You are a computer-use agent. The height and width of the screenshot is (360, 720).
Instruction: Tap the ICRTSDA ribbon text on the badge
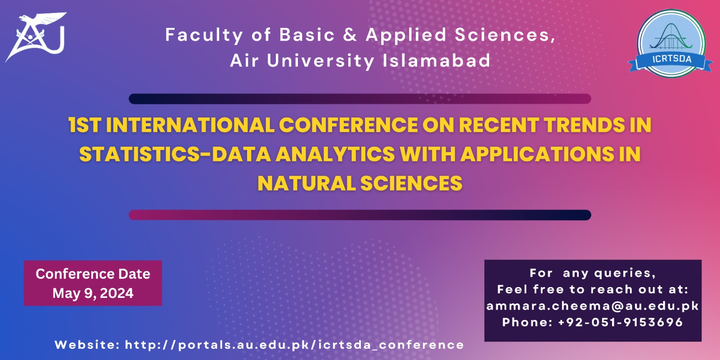point(671,59)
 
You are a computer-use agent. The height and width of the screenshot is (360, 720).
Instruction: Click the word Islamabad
point(436,60)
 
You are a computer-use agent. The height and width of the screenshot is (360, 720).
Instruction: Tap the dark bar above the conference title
point(360,99)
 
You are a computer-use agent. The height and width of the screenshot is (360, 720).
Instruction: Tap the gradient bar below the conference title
point(360,215)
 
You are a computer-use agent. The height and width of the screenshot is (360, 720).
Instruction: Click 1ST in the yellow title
point(85,125)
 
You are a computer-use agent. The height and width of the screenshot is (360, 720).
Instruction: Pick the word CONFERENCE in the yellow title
point(348,125)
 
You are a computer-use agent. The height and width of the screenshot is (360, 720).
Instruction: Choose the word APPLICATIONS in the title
point(537,154)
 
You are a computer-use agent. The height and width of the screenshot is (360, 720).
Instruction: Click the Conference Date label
point(93,274)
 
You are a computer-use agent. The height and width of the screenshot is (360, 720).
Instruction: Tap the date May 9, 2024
point(93,293)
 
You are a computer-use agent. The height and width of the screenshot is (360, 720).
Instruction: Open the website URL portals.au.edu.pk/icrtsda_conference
point(294,345)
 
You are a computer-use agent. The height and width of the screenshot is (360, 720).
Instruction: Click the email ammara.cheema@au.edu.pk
point(593,306)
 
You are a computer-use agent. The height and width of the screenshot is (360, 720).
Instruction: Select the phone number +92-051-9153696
point(621,322)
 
